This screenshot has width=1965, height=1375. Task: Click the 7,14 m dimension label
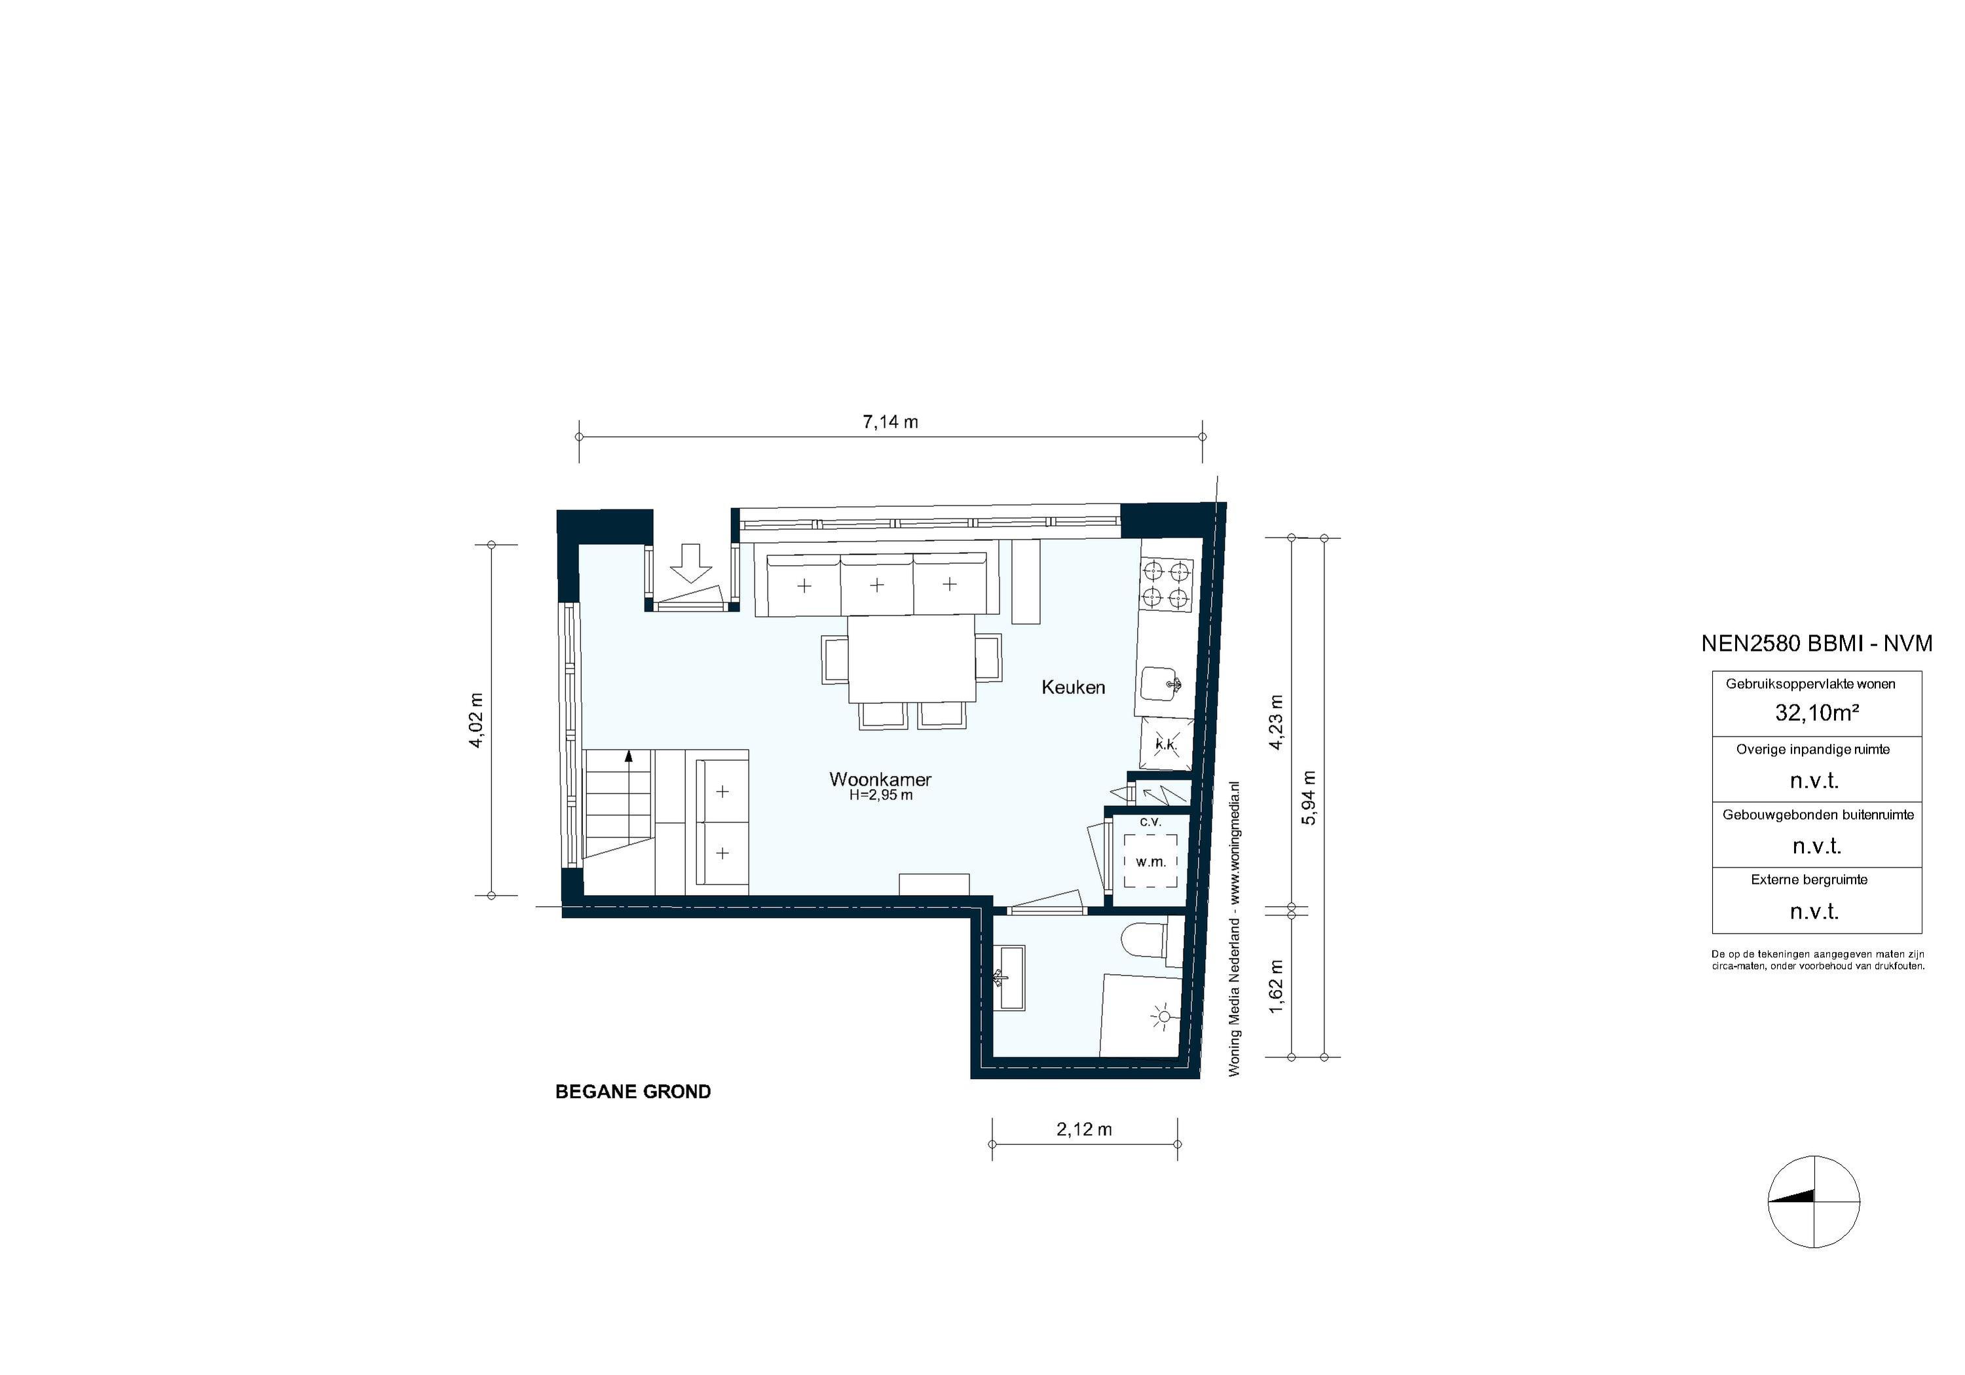[x=889, y=422]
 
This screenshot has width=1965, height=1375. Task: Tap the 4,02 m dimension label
[x=477, y=720]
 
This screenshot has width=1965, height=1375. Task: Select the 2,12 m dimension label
[x=1083, y=1129]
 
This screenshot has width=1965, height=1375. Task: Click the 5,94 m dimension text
[x=1309, y=797]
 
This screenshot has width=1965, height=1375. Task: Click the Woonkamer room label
[x=880, y=779]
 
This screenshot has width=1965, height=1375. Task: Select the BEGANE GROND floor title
[x=633, y=1091]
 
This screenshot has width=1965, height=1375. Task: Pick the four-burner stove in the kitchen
[x=1167, y=585]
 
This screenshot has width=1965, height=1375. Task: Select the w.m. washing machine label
[x=1150, y=862]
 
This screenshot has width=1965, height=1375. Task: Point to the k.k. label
[x=1166, y=744]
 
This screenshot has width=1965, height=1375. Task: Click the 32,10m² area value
[x=1816, y=712]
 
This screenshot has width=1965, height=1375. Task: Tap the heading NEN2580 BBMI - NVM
[x=1816, y=644]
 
